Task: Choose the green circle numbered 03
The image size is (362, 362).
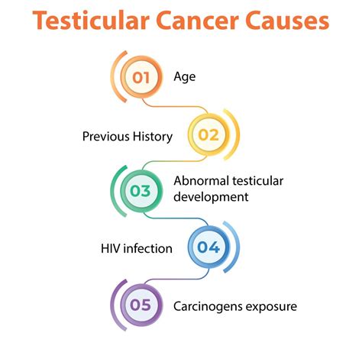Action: click(x=141, y=191)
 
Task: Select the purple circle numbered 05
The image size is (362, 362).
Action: click(x=141, y=305)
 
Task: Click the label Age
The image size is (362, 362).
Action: click(x=186, y=76)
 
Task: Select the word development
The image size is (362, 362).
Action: click(x=211, y=198)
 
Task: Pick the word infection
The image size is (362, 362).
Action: click(x=147, y=249)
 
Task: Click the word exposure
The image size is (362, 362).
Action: click(x=271, y=306)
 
